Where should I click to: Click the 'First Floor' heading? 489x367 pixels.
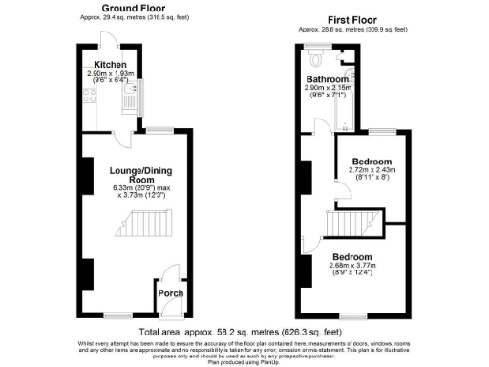(352, 19)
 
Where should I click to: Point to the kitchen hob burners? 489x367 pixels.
(89, 96)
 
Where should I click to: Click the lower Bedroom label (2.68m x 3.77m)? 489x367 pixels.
(351, 256)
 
